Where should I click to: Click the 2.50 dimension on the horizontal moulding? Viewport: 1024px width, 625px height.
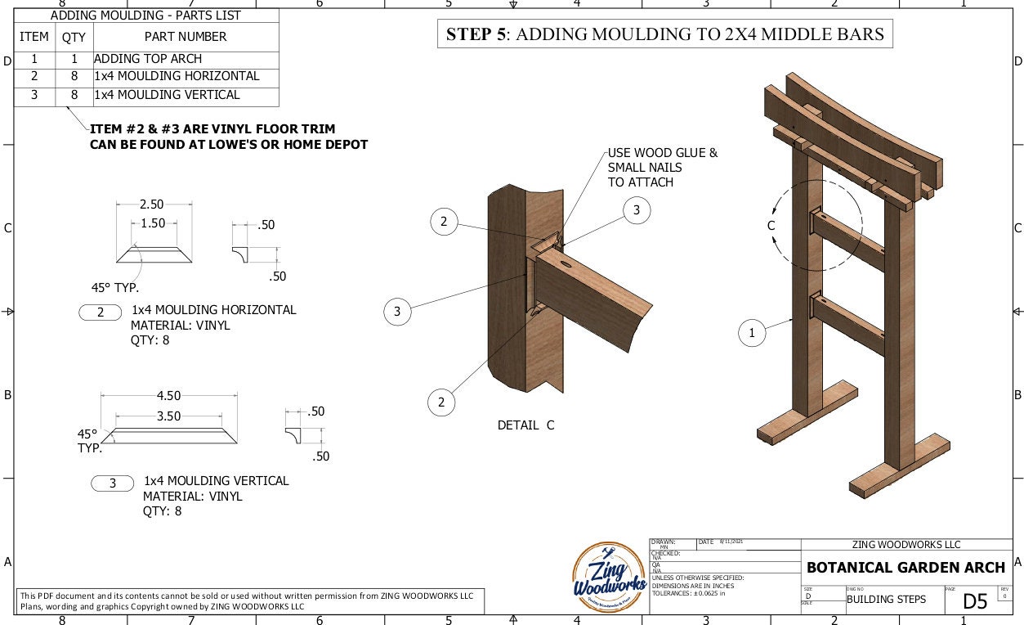click(151, 204)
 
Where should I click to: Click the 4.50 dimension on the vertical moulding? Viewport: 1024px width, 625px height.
click(168, 397)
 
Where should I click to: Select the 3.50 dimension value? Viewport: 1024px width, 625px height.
click(168, 416)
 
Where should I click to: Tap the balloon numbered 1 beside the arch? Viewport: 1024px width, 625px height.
click(752, 332)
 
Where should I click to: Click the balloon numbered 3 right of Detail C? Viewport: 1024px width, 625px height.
click(637, 210)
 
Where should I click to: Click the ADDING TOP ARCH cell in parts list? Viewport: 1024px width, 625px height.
click(148, 59)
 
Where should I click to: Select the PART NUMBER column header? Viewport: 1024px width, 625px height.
click(186, 37)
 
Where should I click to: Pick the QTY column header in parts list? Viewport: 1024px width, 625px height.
click(74, 37)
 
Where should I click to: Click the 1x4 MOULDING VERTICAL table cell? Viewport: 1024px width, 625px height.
click(167, 95)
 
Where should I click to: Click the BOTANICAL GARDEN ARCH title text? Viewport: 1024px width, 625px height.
click(906, 568)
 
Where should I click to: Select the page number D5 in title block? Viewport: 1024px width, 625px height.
click(975, 601)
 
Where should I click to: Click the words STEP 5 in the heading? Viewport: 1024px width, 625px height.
click(476, 34)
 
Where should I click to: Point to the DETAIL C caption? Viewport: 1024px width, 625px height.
click(525, 425)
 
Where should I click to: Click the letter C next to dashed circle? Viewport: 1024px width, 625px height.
click(771, 226)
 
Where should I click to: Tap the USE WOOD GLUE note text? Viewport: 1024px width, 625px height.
click(662, 153)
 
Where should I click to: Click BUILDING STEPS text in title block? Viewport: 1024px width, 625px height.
click(886, 600)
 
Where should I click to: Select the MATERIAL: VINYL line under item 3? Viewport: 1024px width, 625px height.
click(192, 496)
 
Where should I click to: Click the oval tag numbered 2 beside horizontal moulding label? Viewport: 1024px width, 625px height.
click(101, 312)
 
